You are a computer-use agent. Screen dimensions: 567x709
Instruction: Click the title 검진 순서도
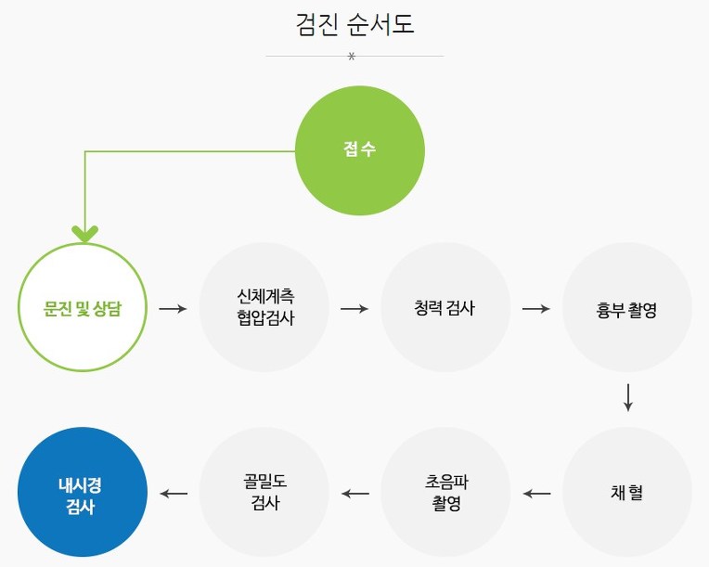click(354, 24)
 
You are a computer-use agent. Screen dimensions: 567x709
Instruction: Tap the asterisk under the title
click(352, 58)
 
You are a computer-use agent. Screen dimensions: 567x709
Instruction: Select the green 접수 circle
click(359, 150)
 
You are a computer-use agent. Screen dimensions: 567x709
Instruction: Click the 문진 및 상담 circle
click(83, 307)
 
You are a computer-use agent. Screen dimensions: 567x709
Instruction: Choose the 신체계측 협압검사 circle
click(264, 307)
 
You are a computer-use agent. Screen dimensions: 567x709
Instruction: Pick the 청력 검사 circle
click(445, 307)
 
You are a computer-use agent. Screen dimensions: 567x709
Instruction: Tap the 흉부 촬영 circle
click(627, 307)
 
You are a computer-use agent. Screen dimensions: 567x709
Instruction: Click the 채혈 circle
click(627, 492)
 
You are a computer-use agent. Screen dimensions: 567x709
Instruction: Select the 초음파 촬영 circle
click(445, 492)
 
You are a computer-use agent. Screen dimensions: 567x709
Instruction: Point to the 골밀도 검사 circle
click(264, 492)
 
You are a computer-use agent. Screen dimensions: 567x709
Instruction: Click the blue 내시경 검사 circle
click(83, 492)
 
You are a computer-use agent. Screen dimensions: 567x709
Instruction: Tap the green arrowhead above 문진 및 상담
click(84, 233)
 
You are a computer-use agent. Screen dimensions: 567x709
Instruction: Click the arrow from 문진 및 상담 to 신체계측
click(173, 307)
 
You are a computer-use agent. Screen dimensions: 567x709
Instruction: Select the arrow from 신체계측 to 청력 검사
click(354, 307)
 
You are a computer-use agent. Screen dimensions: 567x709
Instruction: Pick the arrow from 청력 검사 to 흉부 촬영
click(536, 307)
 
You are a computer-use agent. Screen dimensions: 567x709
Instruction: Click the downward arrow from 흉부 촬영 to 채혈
click(628, 396)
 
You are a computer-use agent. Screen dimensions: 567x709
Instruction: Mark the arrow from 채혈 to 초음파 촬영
click(536, 493)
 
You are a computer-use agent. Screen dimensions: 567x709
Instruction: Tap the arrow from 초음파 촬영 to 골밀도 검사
click(354, 493)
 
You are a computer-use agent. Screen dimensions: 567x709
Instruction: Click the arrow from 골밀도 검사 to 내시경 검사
click(174, 493)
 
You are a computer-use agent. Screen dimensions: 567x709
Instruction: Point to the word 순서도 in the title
click(382, 24)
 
